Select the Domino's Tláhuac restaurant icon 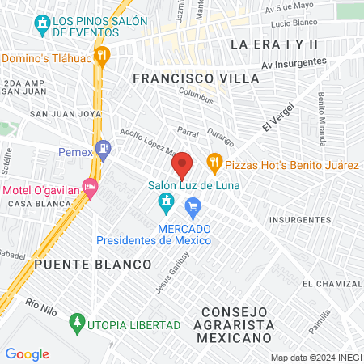pyautogui.click(x=102, y=56)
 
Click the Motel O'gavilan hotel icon pyautogui.click(x=90, y=188)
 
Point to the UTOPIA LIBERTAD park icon pyautogui.click(x=78, y=324)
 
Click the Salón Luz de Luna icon pyautogui.click(x=167, y=200)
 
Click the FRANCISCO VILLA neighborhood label pyautogui.click(x=196, y=78)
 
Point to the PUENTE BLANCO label pyautogui.click(x=93, y=265)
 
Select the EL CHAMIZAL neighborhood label pyautogui.click(x=332, y=284)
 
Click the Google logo pyautogui.click(x=27, y=354)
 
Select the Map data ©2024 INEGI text pyautogui.click(x=315, y=358)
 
